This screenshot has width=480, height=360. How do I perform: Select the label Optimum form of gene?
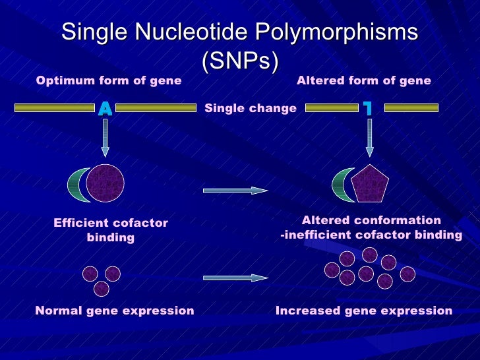pos(109,81)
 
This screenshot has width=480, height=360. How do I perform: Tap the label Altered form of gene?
pos(363,81)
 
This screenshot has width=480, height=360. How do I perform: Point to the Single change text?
pos(251,108)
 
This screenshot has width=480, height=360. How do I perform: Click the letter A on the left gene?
pos(105,109)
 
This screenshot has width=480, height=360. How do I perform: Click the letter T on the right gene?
pos(369,109)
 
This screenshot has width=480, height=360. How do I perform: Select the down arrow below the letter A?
pos(105,138)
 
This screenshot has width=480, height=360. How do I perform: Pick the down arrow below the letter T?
pos(369,138)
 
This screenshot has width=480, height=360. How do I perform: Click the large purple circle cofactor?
pos(105,183)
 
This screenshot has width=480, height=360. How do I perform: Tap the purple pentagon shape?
pos(370,184)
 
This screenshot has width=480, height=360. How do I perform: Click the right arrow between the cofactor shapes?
pos(235,191)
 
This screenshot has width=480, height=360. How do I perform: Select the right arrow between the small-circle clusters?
pos(235,278)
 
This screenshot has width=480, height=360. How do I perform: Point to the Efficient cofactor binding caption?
pos(111,230)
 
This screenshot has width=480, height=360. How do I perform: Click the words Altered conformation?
pos(371,221)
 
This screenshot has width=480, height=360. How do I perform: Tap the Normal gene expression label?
pos(115,311)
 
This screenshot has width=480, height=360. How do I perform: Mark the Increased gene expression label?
pos(364,311)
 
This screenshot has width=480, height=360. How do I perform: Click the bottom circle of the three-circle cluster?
pos(101,289)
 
